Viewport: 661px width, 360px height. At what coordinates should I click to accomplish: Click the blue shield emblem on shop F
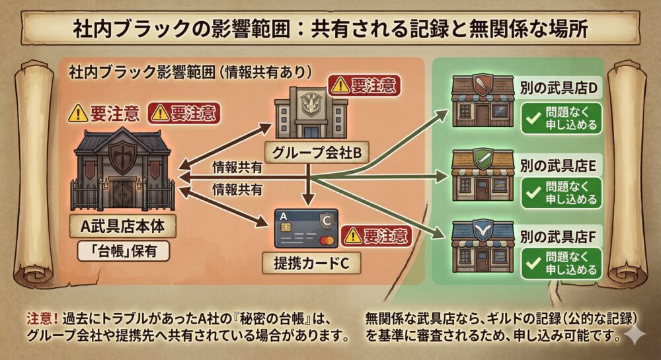click(481, 229)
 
